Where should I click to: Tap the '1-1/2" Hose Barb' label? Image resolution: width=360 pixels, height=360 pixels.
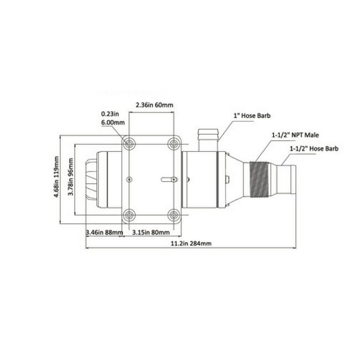point(313,148)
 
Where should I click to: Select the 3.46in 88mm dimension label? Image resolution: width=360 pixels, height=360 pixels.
point(104,232)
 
